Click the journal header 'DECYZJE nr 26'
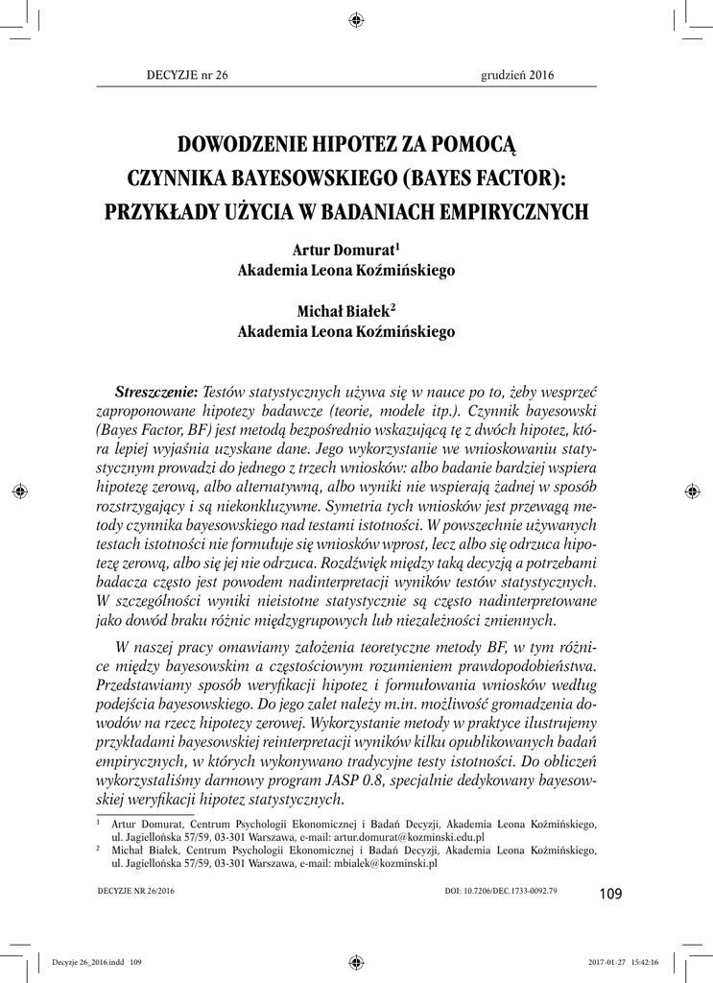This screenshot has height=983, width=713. [177, 78]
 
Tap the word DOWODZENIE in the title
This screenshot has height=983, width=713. [240, 146]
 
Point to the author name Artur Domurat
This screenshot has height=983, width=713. [343, 250]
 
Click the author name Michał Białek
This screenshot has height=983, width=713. [343, 311]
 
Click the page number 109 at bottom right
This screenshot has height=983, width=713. [610, 894]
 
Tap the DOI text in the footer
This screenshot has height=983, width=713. [501, 892]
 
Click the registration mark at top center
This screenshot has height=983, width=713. [356, 19]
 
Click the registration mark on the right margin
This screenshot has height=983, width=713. [692, 491]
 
